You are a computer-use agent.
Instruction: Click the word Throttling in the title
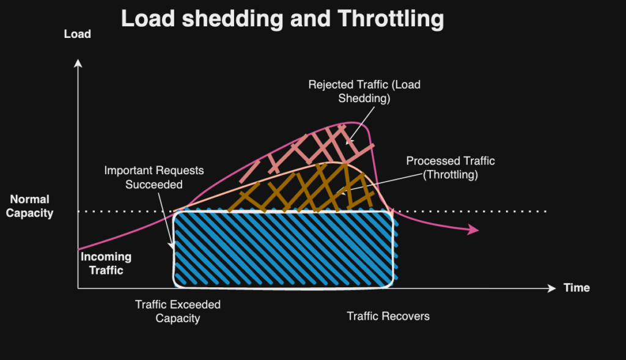click(x=391, y=19)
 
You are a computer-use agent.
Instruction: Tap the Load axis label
click(x=78, y=34)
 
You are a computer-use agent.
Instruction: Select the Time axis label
click(x=576, y=288)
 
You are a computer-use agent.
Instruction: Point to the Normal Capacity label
click(x=29, y=206)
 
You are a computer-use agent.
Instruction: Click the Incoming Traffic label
click(x=106, y=263)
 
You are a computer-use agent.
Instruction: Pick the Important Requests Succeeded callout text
click(x=154, y=177)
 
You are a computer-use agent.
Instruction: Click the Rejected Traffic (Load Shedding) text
click(x=364, y=92)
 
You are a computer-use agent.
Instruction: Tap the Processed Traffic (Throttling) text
click(x=451, y=167)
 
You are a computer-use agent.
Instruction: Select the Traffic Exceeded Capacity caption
click(x=178, y=311)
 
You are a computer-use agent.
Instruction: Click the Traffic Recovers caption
click(x=388, y=316)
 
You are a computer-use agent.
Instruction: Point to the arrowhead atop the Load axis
click(x=78, y=63)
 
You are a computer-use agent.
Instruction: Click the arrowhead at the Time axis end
click(x=552, y=288)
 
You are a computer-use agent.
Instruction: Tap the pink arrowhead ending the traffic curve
click(x=474, y=229)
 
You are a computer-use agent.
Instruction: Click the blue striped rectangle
click(x=284, y=249)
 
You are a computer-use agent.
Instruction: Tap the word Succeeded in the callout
click(x=154, y=185)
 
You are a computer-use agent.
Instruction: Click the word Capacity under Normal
click(x=29, y=213)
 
